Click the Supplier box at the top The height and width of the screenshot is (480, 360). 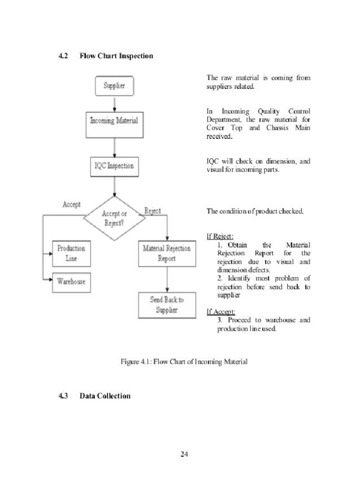click(x=114, y=86)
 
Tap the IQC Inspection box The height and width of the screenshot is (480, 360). click(x=114, y=165)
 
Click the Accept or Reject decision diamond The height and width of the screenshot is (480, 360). click(x=114, y=218)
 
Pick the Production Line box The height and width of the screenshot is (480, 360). click(x=71, y=254)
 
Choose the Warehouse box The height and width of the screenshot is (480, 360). click(x=71, y=281)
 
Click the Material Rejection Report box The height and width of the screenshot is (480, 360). click(x=167, y=254)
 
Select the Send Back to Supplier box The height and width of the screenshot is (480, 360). click(x=167, y=305)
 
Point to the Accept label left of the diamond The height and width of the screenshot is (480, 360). click(x=71, y=204)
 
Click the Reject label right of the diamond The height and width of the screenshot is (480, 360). click(x=152, y=211)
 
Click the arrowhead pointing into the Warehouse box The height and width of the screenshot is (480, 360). click(x=49, y=280)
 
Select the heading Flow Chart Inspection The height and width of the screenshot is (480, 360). click(x=116, y=56)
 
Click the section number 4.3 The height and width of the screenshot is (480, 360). click(x=63, y=396)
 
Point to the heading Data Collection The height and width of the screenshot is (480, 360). click(x=105, y=396)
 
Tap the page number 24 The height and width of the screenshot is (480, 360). click(x=184, y=454)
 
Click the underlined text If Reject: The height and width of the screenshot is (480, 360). click(x=220, y=236)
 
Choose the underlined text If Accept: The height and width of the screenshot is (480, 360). click(x=221, y=312)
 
